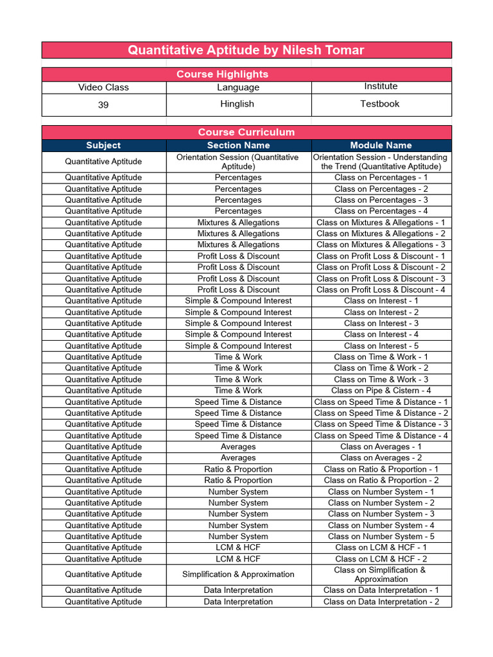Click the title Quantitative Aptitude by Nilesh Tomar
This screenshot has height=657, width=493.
246,50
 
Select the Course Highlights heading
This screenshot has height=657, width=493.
222,74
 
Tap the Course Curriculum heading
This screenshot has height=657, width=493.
246,132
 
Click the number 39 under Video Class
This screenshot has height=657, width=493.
103,105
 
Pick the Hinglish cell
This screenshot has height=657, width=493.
238,104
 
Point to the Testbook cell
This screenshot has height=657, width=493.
380,104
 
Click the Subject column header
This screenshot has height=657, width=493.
103,146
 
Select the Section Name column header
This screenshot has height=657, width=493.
238,146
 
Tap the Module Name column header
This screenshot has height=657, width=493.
381,146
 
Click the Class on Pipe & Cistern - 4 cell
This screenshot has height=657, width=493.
381,391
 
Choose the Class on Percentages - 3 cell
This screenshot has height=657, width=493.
381,200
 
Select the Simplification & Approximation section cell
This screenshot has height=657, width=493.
238,574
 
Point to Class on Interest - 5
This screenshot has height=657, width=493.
381,346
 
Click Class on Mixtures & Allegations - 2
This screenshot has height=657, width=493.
381,234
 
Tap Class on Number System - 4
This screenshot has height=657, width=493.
381,525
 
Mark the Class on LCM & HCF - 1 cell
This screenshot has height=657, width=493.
381,548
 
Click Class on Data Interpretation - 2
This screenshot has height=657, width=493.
381,602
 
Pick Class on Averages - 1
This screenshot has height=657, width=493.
381,447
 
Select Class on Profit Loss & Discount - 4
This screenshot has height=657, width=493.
381,290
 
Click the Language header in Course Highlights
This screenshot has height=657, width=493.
238,87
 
